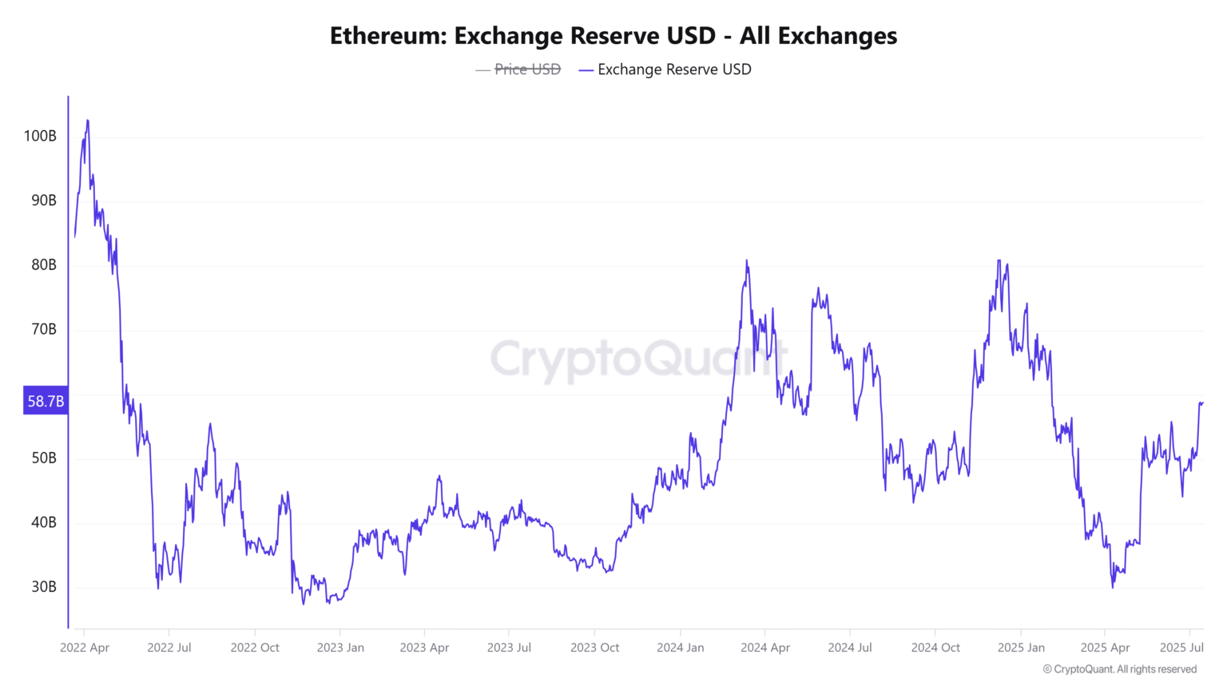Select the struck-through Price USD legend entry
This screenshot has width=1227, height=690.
click(518, 69)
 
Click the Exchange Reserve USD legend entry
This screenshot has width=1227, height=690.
click(665, 69)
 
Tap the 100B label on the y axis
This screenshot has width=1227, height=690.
click(40, 136)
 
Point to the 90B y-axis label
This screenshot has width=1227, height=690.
click(44, 200)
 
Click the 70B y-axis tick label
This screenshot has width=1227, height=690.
click(44, 329)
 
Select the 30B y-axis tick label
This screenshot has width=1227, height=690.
click(44, 587)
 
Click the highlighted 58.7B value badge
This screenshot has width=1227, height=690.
click(46, 401)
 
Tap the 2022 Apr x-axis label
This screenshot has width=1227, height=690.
click(85, 648)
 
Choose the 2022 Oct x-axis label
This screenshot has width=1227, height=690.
click(255, 648)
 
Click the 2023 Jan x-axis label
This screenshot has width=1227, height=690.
click(340, 648)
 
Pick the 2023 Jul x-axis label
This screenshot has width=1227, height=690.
click(509, 648)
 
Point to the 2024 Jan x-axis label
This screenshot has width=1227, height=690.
click(681, 648)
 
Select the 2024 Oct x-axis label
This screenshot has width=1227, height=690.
click(935, 648)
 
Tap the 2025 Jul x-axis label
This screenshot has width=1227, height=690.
click(1181, 648)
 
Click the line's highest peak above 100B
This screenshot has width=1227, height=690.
click(88, 121)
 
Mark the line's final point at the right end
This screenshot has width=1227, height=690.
click(1203, 403)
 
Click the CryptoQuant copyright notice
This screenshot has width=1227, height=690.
click(1120, 669)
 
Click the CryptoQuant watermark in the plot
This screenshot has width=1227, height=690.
click(639, 359)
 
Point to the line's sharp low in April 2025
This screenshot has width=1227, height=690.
click(1113, 588)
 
